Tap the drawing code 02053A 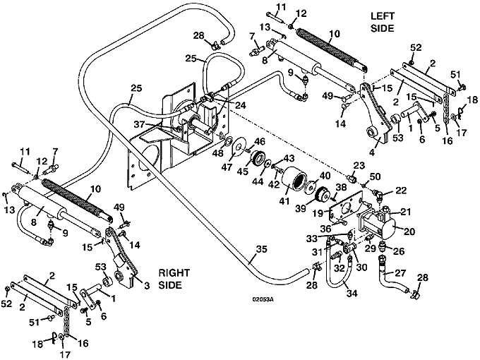click(x=263, y=299)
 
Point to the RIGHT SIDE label click(x=173, y=278)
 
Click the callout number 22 click(x=401, y=191)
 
